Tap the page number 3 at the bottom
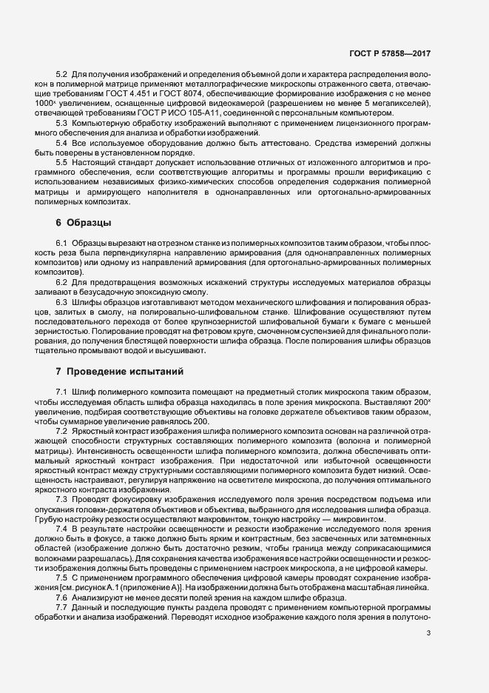428,653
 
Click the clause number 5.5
61,161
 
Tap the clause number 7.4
61,531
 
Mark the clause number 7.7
61,607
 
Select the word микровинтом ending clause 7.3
358,520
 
